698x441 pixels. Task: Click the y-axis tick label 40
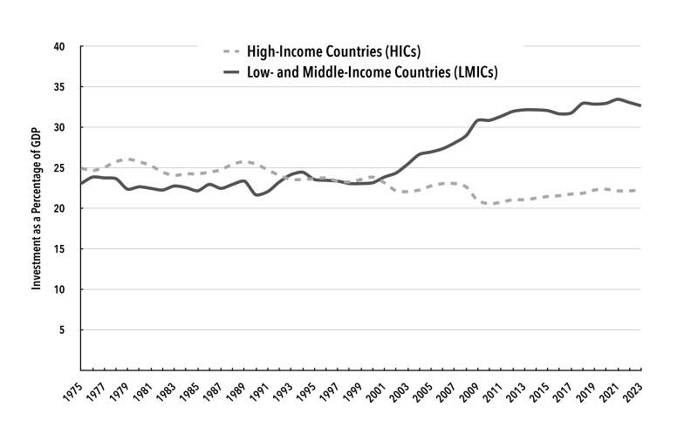[61, 46]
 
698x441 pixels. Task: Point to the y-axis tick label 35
[61, 87]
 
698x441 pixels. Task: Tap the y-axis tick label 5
[64, 330]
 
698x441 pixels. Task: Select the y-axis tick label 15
[61, 249]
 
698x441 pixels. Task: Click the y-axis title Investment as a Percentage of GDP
[38, 208]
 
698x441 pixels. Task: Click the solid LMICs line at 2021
[618, 99]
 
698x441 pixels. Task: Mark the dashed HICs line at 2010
[489, 204]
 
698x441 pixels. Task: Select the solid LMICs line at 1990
[256, 194]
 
